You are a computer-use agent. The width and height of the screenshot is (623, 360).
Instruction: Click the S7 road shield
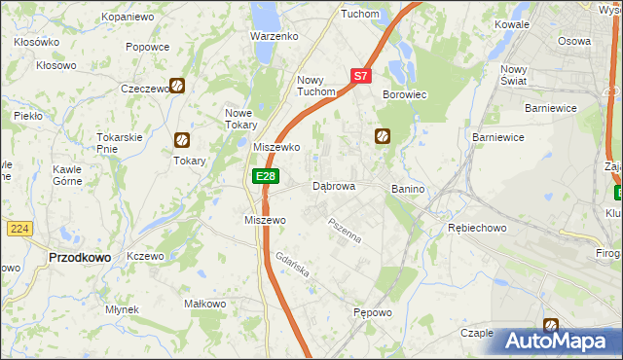360,75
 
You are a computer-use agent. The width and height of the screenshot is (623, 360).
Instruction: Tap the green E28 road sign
266,175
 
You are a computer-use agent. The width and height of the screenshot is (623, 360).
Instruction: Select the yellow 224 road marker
19,228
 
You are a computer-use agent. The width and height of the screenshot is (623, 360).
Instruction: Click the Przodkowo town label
78,257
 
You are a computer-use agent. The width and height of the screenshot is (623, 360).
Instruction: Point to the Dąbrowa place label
333,186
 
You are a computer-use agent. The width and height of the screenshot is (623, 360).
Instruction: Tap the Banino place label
409,188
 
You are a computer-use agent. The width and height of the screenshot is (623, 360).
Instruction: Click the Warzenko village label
273,36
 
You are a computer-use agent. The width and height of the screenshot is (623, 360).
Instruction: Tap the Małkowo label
205,304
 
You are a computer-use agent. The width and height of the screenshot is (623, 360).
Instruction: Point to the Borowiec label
405,93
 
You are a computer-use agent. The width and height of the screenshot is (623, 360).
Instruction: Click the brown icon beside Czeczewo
178,86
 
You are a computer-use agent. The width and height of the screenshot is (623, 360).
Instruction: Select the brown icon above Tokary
180,140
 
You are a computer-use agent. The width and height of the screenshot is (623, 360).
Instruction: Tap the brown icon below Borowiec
383,136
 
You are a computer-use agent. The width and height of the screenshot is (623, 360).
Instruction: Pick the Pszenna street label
344,232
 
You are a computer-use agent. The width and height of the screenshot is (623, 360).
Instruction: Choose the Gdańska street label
291,266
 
